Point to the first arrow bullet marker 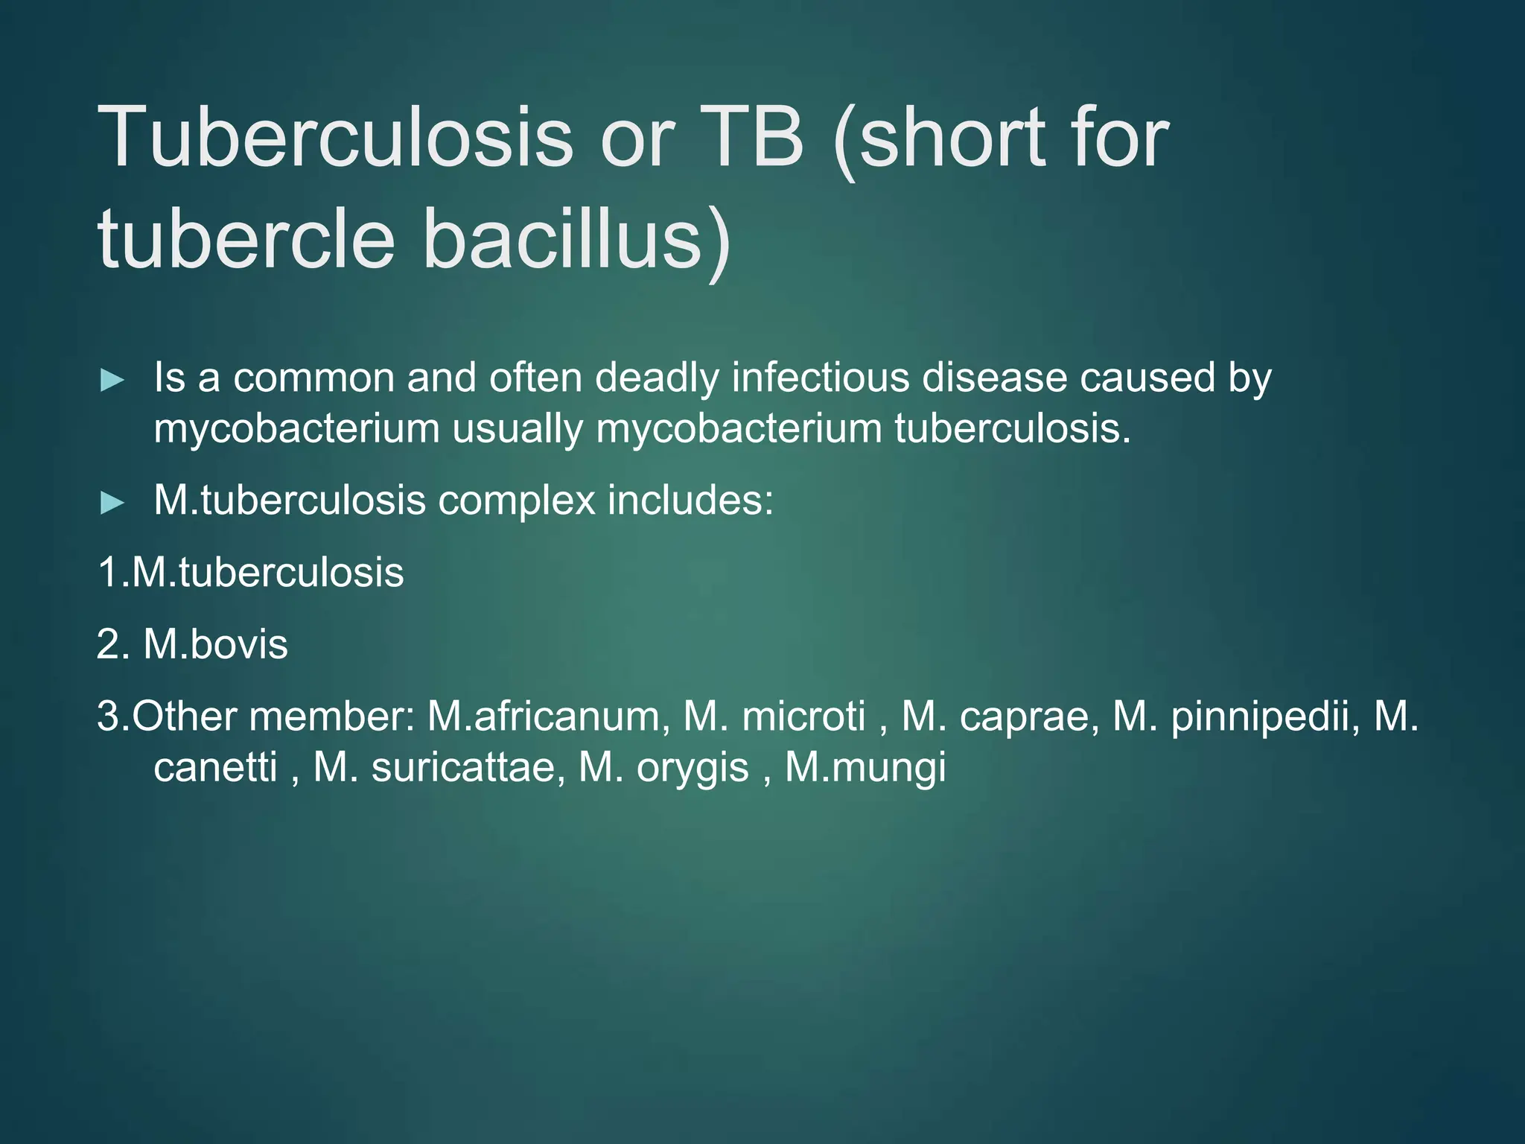coord(112,381)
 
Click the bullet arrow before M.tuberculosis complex coord(112,503)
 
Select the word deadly coord(657,378)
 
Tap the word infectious coord(820,378)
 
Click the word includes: coord(690,499)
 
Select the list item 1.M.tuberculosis coord(251,572)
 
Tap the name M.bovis coord(215,643)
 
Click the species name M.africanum coord(544,716)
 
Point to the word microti coord(804,716)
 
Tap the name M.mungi coord(865,768)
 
